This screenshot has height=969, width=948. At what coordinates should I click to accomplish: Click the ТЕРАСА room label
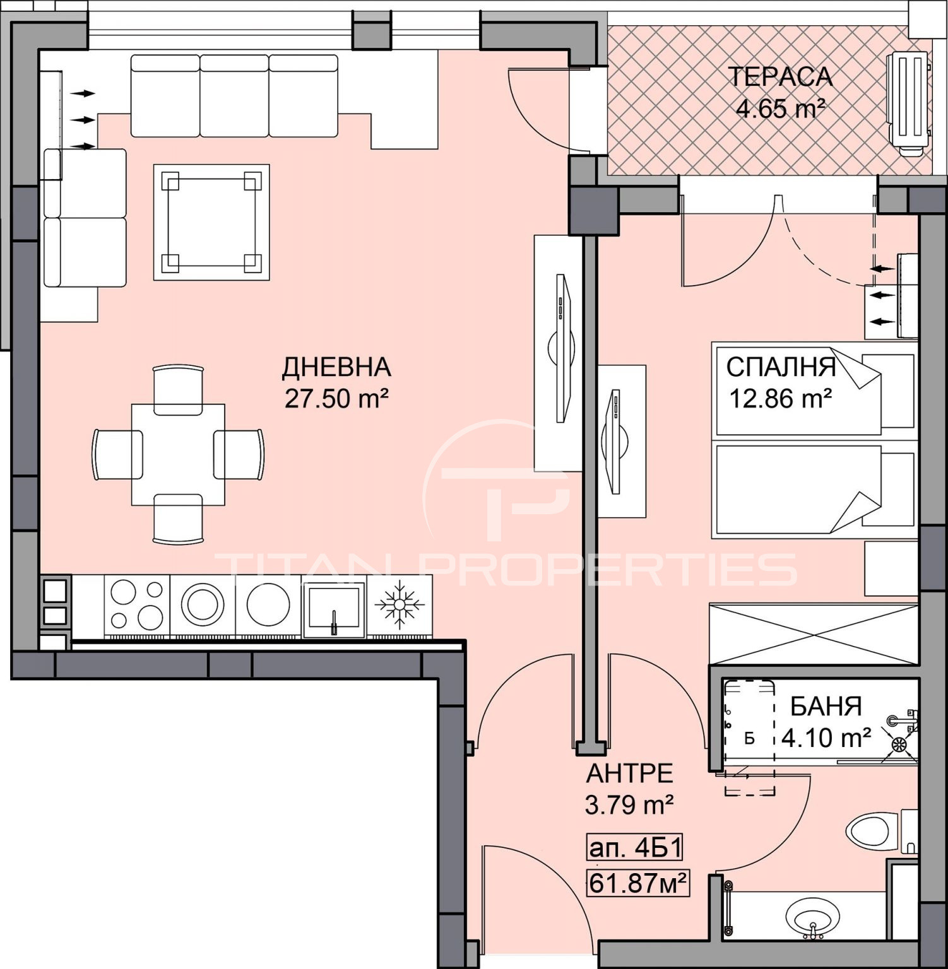tap(781, 76)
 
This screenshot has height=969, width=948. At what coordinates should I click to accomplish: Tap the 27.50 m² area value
tap(336, 399)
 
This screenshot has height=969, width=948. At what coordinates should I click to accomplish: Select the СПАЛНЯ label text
tap(781, 367)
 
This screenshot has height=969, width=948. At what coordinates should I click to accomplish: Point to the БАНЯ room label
tap(826, 707)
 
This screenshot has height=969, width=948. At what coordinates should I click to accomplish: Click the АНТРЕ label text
tap(630, 773)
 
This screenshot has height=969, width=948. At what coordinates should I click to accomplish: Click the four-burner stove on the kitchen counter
tap(136, 605)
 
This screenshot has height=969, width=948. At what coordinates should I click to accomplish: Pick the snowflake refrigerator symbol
tap(399, 605)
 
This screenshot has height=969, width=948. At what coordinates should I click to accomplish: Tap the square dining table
tap(178, 454)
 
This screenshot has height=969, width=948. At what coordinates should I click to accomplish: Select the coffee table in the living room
tap(211, 222)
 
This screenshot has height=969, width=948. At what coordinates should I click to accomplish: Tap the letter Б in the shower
tap(749, 739)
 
